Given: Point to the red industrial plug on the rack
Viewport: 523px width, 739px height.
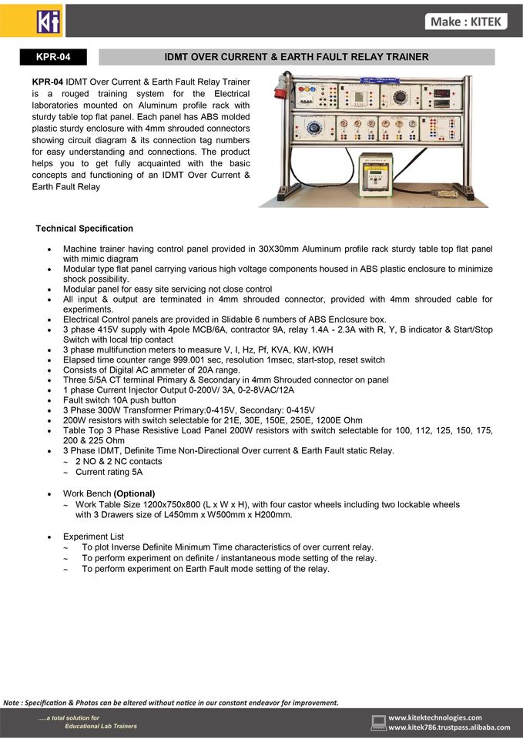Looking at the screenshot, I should coord(280,89).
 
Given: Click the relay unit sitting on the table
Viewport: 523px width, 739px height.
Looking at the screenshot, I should coord(376,173).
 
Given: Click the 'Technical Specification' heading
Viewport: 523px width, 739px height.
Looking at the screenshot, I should coord(84,229).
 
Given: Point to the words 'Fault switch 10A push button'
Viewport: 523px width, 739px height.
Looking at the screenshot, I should coord(119,400).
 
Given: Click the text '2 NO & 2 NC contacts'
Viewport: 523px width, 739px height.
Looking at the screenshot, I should coord(119,461).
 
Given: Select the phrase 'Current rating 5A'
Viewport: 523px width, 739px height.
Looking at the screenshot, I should coord(109,472).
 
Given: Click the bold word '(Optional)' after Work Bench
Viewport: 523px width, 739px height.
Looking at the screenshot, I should coord(134,493).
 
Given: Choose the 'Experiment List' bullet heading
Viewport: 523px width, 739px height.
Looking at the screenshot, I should coord(93,536).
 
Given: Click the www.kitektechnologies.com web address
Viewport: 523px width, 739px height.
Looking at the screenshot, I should coord(434,717).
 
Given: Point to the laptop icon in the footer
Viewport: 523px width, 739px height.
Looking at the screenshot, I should coord(378,722).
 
